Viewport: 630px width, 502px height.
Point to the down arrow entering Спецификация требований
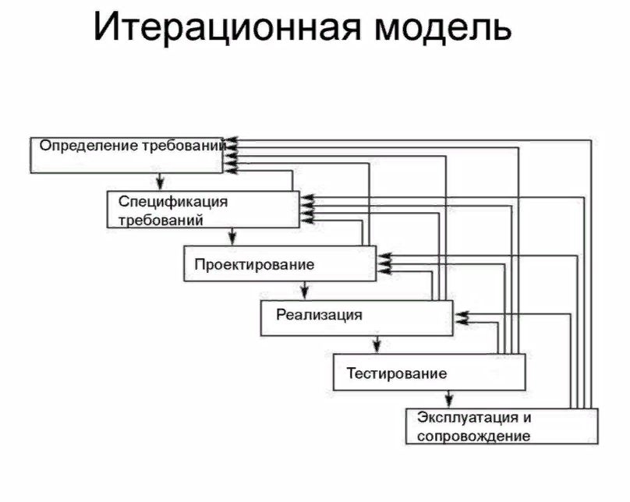[x=159, y=184]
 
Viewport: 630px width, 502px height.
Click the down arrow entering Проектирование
[x=232, y=239]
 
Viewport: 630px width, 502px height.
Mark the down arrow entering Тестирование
[x=377, y=346]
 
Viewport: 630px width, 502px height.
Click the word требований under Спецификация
[x=161, y=220]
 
